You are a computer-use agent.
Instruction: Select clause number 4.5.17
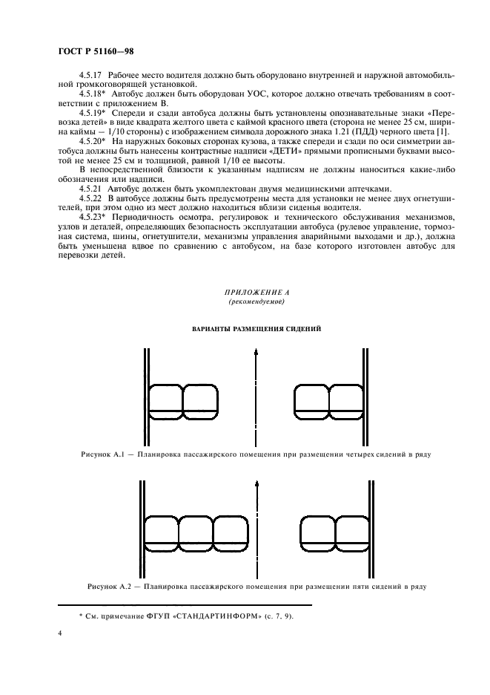point(93,76)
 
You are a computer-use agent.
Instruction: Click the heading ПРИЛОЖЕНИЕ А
point(256,294)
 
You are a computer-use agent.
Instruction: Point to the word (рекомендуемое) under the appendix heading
point(256,303)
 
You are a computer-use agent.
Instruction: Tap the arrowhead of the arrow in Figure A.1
point(256,356)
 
